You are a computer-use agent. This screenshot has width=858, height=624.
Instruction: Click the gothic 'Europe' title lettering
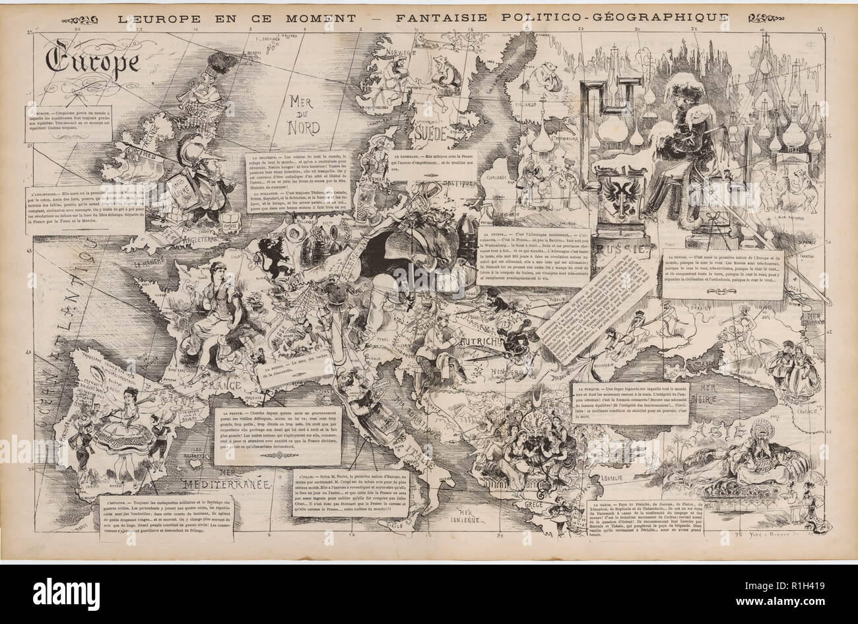[92, 61]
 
